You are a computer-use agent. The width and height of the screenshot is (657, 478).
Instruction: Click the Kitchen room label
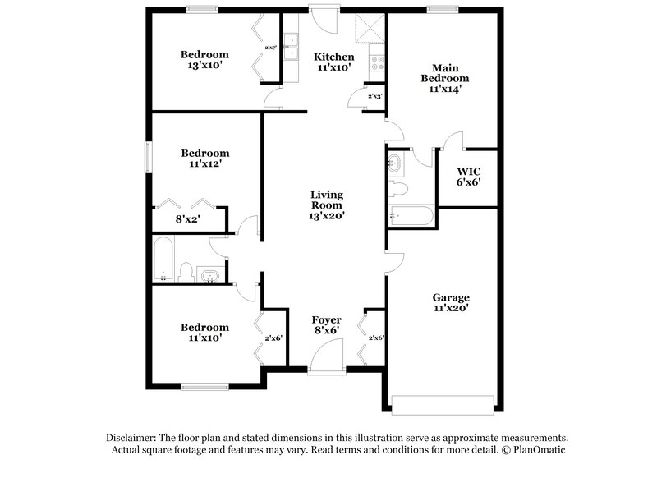coord(334,62)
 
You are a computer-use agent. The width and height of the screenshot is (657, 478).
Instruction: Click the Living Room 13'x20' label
coord(326,205)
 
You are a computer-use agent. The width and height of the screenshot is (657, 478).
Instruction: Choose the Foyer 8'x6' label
coord(326,325)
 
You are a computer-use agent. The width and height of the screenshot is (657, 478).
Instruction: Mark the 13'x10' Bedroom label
coord(204,62)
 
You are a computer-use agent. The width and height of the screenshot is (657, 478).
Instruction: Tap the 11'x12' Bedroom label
coord(204,159)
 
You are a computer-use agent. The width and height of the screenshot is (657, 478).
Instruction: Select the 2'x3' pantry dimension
coord(374,97)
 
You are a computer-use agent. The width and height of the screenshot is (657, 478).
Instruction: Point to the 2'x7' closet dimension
coord(269,48)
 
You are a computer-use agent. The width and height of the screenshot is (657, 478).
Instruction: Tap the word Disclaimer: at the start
coord(132,438)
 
